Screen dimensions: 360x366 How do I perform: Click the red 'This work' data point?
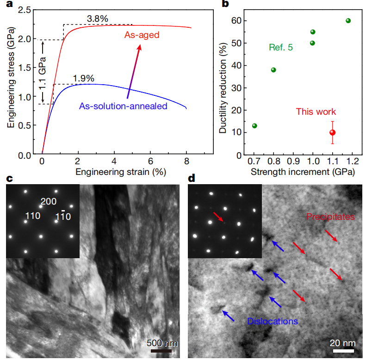click(x=332, y=132)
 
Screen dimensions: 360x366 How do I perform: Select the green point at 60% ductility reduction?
click(x=348, y=20)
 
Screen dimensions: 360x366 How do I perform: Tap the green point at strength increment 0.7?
click(x=254, y=126)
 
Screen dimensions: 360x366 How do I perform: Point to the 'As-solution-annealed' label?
click(x=124, y=106)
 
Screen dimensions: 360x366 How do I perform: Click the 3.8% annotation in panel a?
click(x=97, y=19)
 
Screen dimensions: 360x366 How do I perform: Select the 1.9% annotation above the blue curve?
click(x=83, y=78)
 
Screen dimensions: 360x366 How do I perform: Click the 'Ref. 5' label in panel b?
click(x=281, y=47)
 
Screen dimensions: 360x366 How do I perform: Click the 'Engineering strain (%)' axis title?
click(x=114, y=172)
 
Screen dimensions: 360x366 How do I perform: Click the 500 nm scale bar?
click(x=162, y=350)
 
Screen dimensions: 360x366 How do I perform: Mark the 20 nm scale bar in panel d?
click(x=343, y=350)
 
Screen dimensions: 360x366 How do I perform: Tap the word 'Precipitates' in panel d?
click(x=330, y=217)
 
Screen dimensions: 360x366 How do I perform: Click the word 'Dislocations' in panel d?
click(x=272, y=321)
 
